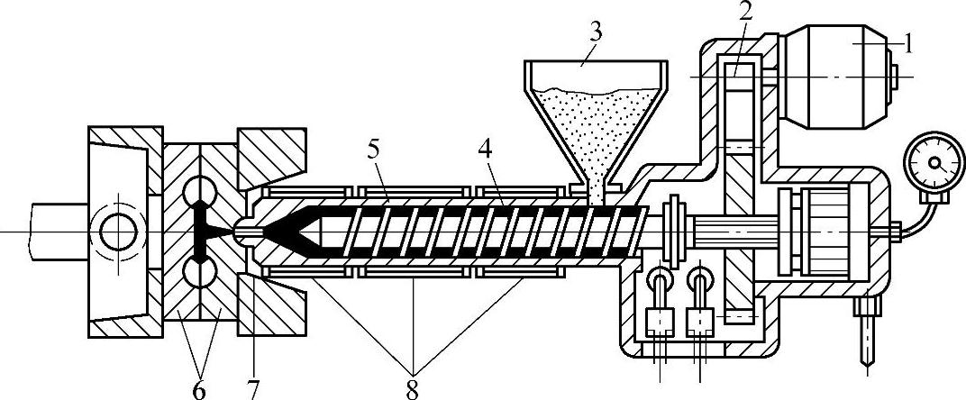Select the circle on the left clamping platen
click(x=120, y=232)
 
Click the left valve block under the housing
click(x=661, y=321)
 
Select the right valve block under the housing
click(x=700, y=321)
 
